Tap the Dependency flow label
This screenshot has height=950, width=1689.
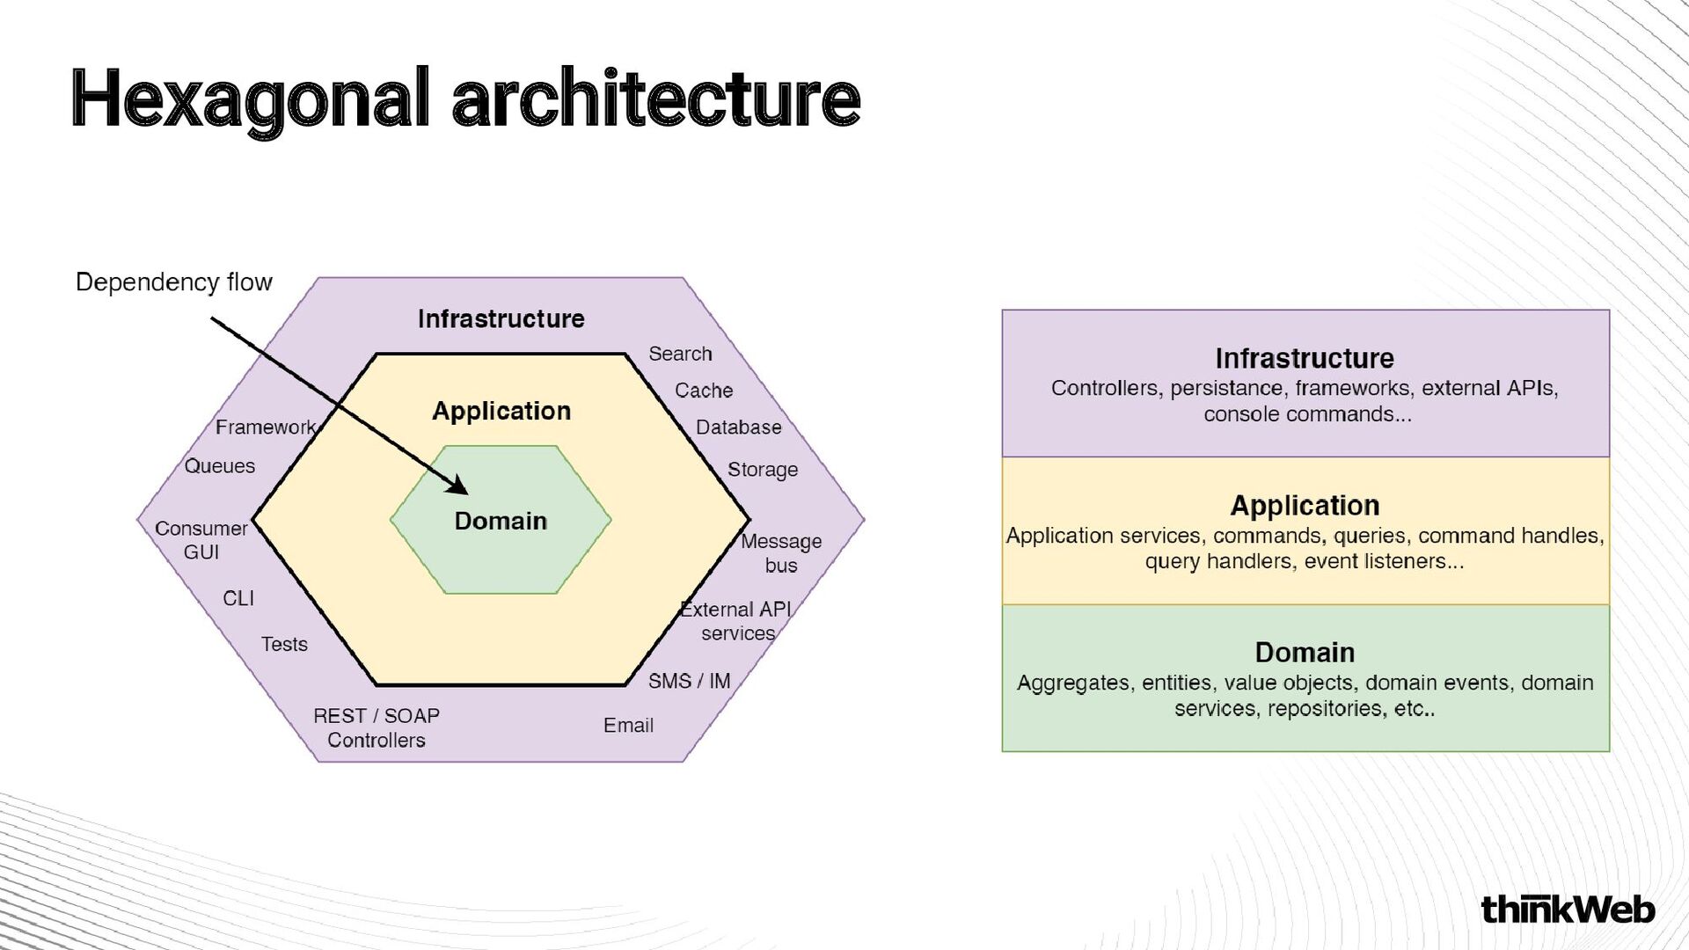pos(173,282)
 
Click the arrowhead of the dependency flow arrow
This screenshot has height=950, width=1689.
pos(458,486)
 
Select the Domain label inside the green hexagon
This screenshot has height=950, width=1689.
pos(501,521)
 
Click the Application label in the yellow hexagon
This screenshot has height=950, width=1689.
pos(501,411)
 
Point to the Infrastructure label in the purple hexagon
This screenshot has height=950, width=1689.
pos(501,318)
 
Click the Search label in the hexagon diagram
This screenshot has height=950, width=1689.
pos(680,354)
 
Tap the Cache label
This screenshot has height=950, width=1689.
pos(703,391)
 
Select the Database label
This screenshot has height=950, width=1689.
pos(738,427)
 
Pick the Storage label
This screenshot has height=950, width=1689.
pos(762,470)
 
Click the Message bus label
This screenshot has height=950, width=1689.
pos(780,553)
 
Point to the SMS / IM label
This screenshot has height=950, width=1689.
pos(689,681)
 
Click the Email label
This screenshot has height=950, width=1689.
pos(628,726)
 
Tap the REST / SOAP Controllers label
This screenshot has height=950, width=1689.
pos(377,728)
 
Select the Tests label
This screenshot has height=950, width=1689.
pos(284,645)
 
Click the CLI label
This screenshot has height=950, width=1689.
pos(238,599)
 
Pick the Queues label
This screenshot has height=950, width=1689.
pos(220,466)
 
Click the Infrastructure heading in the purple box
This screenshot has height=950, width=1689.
pos(1305,359)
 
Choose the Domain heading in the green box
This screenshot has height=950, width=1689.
pos(1305,653)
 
